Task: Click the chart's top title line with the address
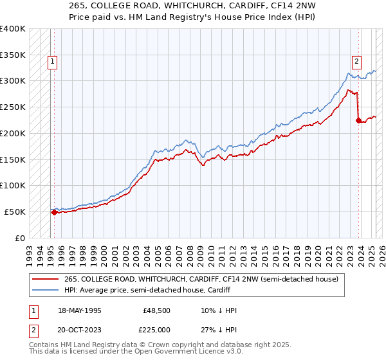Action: pos(193,6)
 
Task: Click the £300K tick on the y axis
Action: pos(13,81)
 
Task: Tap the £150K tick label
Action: pos(13,159)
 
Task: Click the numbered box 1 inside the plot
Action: pos(51,62)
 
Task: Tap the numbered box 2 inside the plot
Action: pos(356,62)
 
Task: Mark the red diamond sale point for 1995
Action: pos(54,212)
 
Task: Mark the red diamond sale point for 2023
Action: pos(358,120)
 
